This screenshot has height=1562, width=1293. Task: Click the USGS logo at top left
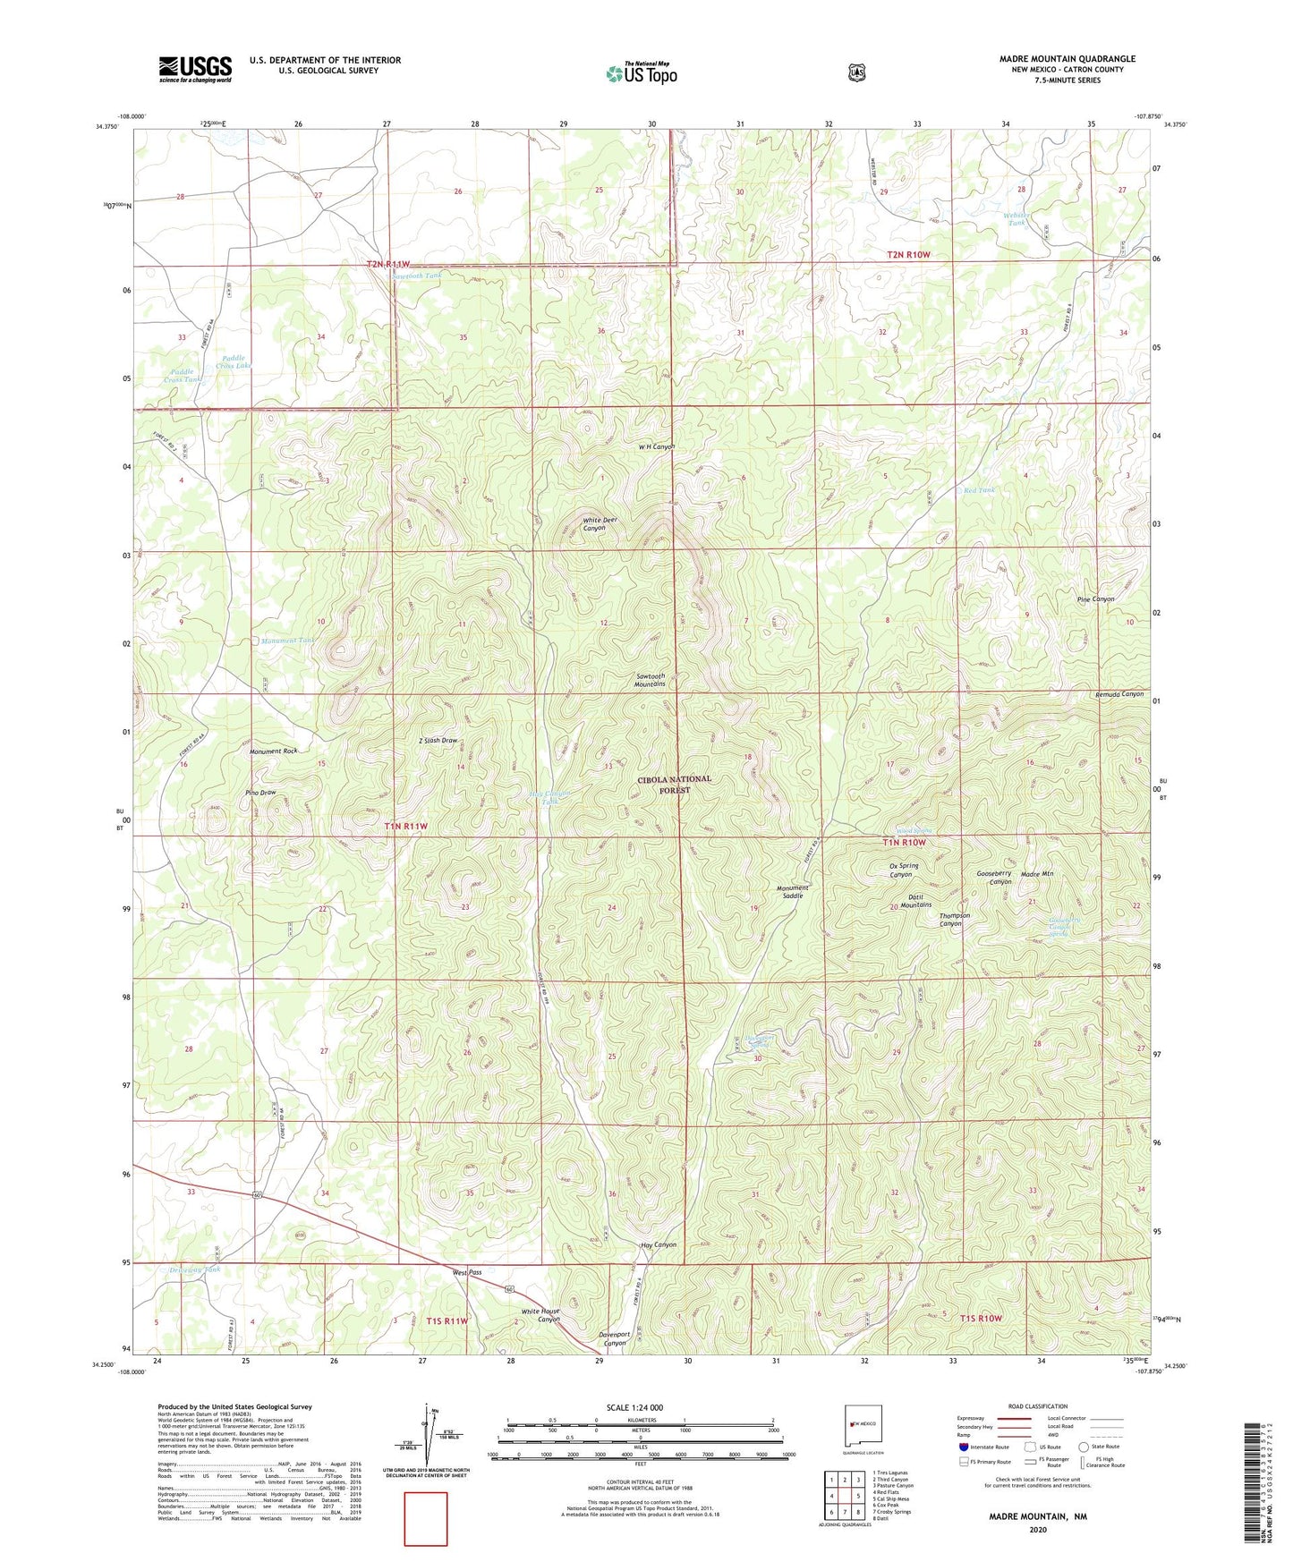pos(195,69)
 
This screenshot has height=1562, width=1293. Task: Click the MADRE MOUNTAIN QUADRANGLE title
pos(1067,59)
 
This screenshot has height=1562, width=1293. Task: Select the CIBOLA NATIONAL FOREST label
pos(674,785)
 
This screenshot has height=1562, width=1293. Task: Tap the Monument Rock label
pos(273,751)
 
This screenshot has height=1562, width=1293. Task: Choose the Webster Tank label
pos(1016,218)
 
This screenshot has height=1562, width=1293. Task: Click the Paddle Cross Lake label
pos(234,361)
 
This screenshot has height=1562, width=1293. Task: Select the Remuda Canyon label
pos(1119,694)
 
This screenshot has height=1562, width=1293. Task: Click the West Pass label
pos(467,1272)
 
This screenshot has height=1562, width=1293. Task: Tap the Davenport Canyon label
pos(614,1338)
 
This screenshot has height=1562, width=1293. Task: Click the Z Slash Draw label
pos(438,741)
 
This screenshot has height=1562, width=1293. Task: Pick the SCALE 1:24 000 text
pos(634,1407)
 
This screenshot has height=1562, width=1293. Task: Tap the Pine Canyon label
pos(1095,598)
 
